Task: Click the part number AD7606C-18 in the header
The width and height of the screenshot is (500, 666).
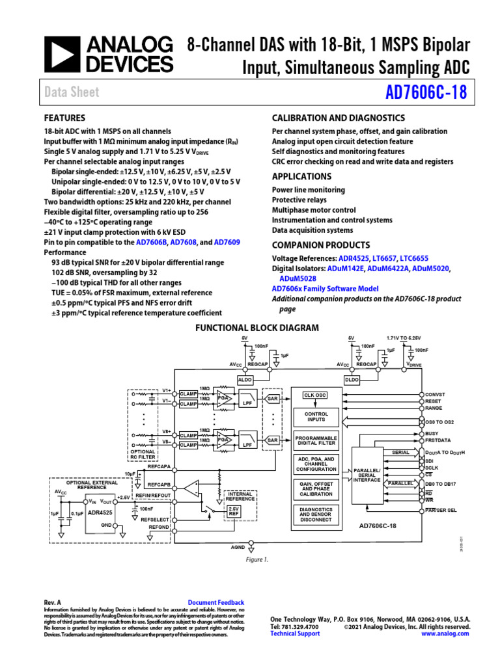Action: tap(426, 92)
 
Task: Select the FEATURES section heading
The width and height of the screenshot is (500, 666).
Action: tap(64, 118)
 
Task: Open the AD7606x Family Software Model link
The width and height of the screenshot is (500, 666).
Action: tap(325, 288)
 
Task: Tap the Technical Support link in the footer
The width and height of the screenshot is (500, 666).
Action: tap(295, 633)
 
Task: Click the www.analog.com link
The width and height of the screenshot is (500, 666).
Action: tap(445, 633)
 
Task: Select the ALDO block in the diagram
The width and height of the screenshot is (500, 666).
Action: tap(245, 379)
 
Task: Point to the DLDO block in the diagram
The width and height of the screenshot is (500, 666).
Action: tap(352, 379)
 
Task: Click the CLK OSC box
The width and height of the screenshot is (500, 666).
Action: tap(316, 395)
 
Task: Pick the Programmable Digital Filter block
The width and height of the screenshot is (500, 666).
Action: tap(316, 440)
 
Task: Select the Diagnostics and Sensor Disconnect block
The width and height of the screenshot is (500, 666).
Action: tap(316, 514)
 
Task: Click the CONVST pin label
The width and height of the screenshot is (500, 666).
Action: tap(436, 395)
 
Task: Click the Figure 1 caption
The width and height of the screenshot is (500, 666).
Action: tap(257, 559)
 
